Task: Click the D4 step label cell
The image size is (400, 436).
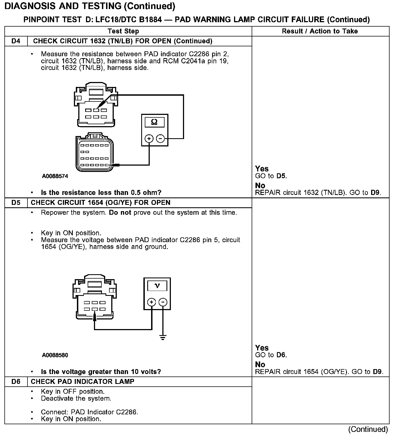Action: click(x=16, y=41)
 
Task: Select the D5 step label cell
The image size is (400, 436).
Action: click(x=16, y=203)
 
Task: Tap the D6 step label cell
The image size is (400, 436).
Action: click(x=16, y=382)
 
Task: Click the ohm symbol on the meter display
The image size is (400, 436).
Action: click(x=154, y=122)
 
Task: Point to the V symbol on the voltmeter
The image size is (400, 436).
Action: click(x=157, y=286)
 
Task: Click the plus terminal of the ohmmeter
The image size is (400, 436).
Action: click(x=149, y=139)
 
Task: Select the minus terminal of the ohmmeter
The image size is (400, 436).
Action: click(x=160, y=139)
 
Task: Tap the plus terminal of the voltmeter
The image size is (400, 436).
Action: click(x=151, y=302)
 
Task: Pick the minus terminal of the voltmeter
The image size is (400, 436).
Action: click(x=163, y=302)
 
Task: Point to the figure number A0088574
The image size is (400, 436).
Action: click(x=55, y=176)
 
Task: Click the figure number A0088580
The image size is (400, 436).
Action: click(x=55, y=355)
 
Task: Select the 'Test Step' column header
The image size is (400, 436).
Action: click(x=123, y=31)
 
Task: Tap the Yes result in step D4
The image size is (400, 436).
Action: click(x=262, y=169)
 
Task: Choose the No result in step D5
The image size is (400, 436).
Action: click(x=260, y=364)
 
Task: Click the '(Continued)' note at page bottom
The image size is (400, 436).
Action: click(x=368, y=429)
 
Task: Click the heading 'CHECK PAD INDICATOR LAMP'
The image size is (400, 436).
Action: click(x=82, y=382)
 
